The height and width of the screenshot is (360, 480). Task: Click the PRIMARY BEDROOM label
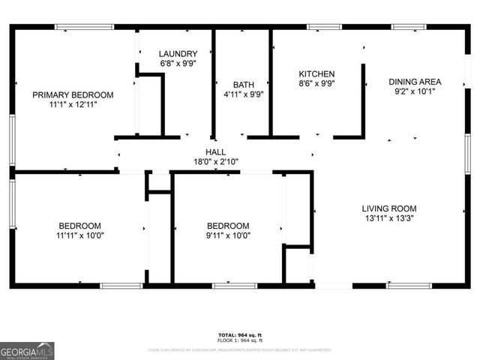pyautogui.click(x=73, y=94)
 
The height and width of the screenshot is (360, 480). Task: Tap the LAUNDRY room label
pyautogui.click(x=178, y=54)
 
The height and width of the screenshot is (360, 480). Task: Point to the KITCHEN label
pyautogui.click(x=316, y=73)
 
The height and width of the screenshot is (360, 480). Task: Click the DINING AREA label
pyautogui.click(x=415, y=82)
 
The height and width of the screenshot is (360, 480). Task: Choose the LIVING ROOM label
pyautogui.click(x=388, y=208)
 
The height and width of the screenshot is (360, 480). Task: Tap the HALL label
pyautogui.click(x=216, y=151)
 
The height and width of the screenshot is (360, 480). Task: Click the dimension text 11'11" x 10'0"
pyautogui.click(x=80, y=235)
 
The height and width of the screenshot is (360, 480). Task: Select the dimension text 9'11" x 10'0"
pyautogui.click(x=228, y=235)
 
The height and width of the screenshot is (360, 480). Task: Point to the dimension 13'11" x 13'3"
pyautogui.click(x=388, y=219)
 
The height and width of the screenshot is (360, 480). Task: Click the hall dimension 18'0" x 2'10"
pyautogui.click(x=216, y=161)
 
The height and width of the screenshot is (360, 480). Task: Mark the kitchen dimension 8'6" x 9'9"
pyautogui.click(x=316, y=84)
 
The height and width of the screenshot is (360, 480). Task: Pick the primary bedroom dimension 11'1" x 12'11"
pyautogui.click(x=73, y=105)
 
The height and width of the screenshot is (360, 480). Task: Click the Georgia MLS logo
pyautogui.click(x=27, y=350)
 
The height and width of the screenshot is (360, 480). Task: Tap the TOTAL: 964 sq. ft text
pyautogui.click(x=239, y=334)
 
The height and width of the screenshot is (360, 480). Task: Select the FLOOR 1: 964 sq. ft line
pyautogui.click(x=239, y=340)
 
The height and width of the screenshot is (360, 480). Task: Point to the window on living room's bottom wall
pyautogui.click(x=409, y=286)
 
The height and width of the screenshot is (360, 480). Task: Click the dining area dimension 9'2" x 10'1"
pyautogui.click(x=415, y=92)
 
